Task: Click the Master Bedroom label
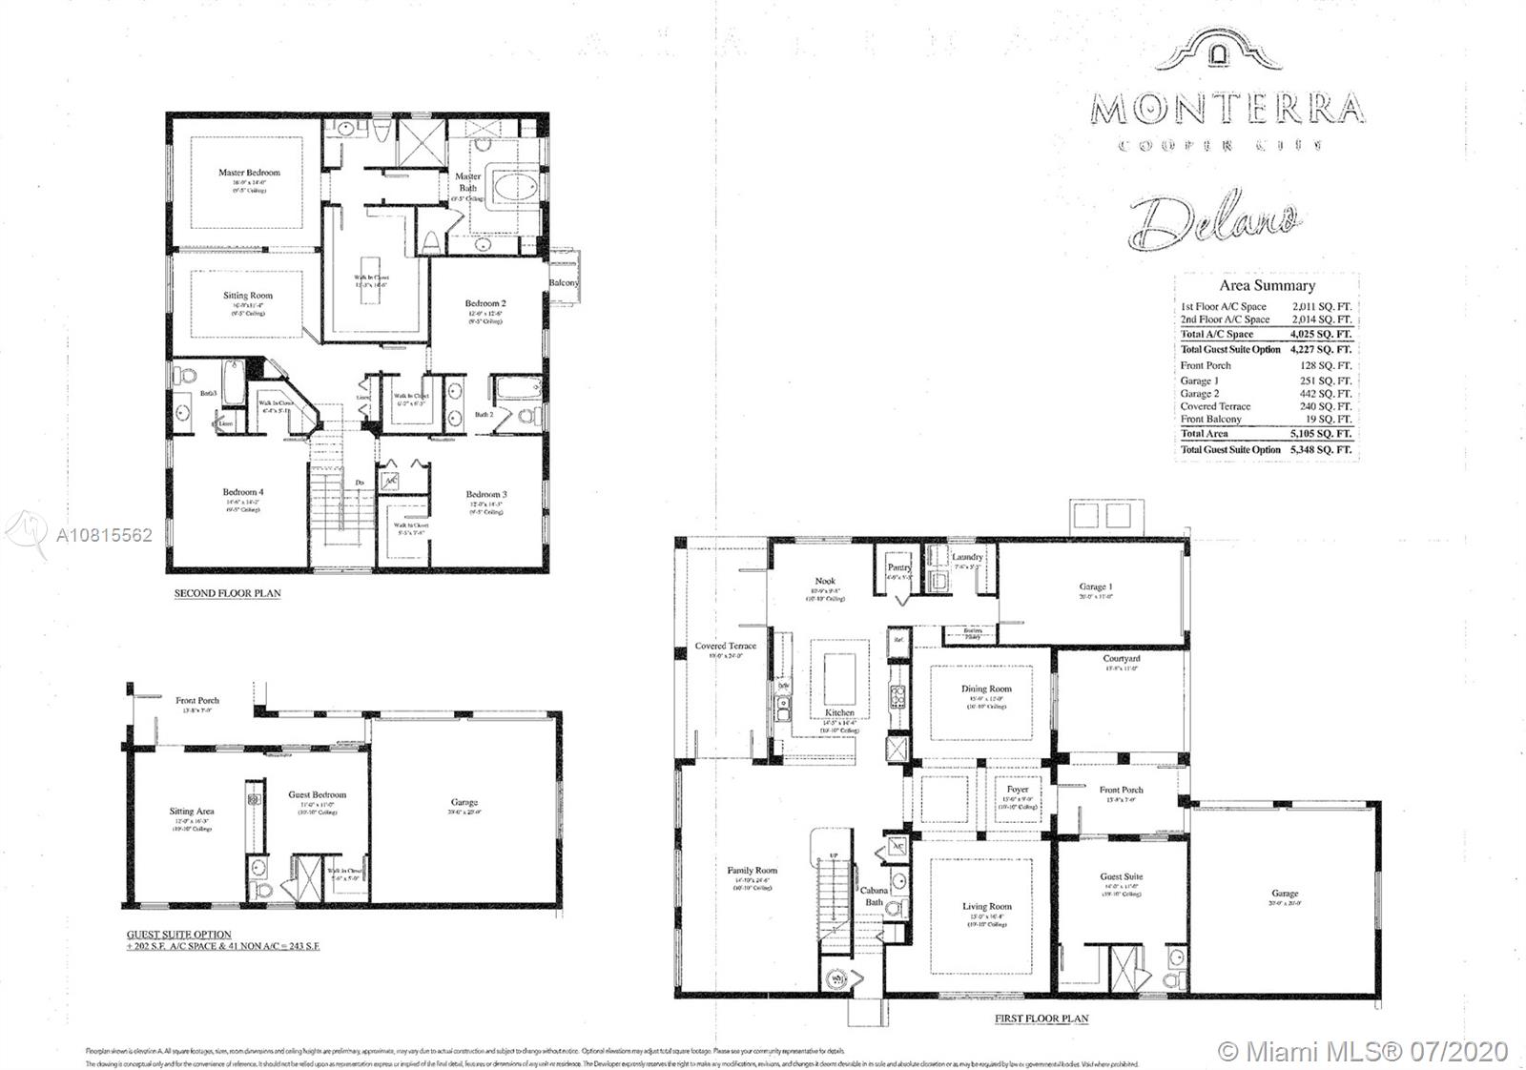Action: [x=249, y=173]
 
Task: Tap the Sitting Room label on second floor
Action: [x=248, y=296]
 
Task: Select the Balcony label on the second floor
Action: [x=564, y=282]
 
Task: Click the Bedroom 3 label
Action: [x=486, y=494]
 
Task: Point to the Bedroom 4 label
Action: [x=243, y=492]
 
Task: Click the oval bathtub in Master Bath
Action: [x=515, y=187]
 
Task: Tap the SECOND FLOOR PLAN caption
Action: [x=227, y=593]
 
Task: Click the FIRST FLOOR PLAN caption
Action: [x=1041, y=1018]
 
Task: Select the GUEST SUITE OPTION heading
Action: [x=179, y=935]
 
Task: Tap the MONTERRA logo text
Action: [x=1227, y=108]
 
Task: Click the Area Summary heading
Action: [x=1267, y=285]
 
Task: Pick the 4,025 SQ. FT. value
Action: [x=1320, y=334]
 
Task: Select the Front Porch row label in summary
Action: [x=1206, y=365]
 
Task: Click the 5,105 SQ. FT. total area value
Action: [x=1320, y=433]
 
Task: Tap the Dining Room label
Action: [x=986, y=689]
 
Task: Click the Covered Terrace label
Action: [x=725, y=646]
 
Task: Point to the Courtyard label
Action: [x=1122, y=659]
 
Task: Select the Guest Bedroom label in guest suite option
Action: [x=318, y=794]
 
